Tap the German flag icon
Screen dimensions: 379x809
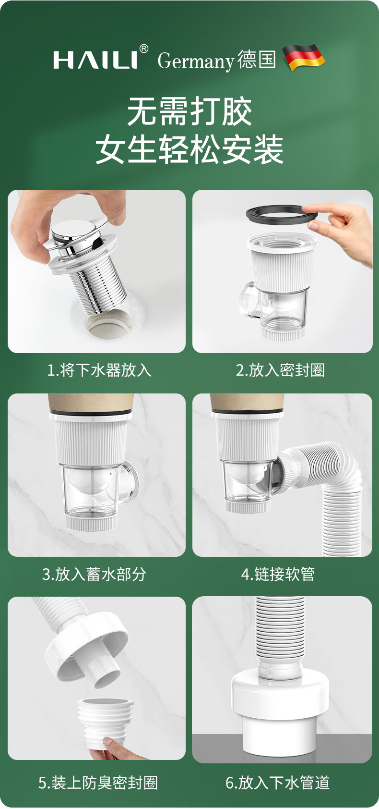(x=304, y=57)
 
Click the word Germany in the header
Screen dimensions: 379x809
(x=196, y=61)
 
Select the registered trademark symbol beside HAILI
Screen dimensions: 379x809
(x=143, y=49)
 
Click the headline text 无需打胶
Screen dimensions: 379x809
(x=189, y=111)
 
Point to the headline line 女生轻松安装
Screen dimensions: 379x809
(x=189, y=149)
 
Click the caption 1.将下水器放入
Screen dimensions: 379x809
(x=99, y=370)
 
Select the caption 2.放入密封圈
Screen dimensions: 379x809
(x=281, y=370)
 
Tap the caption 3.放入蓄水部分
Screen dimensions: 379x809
(x=94, y=574)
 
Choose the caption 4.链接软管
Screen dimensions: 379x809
(x=278, y=574)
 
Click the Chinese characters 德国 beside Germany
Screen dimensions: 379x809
(x=257, y=60)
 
